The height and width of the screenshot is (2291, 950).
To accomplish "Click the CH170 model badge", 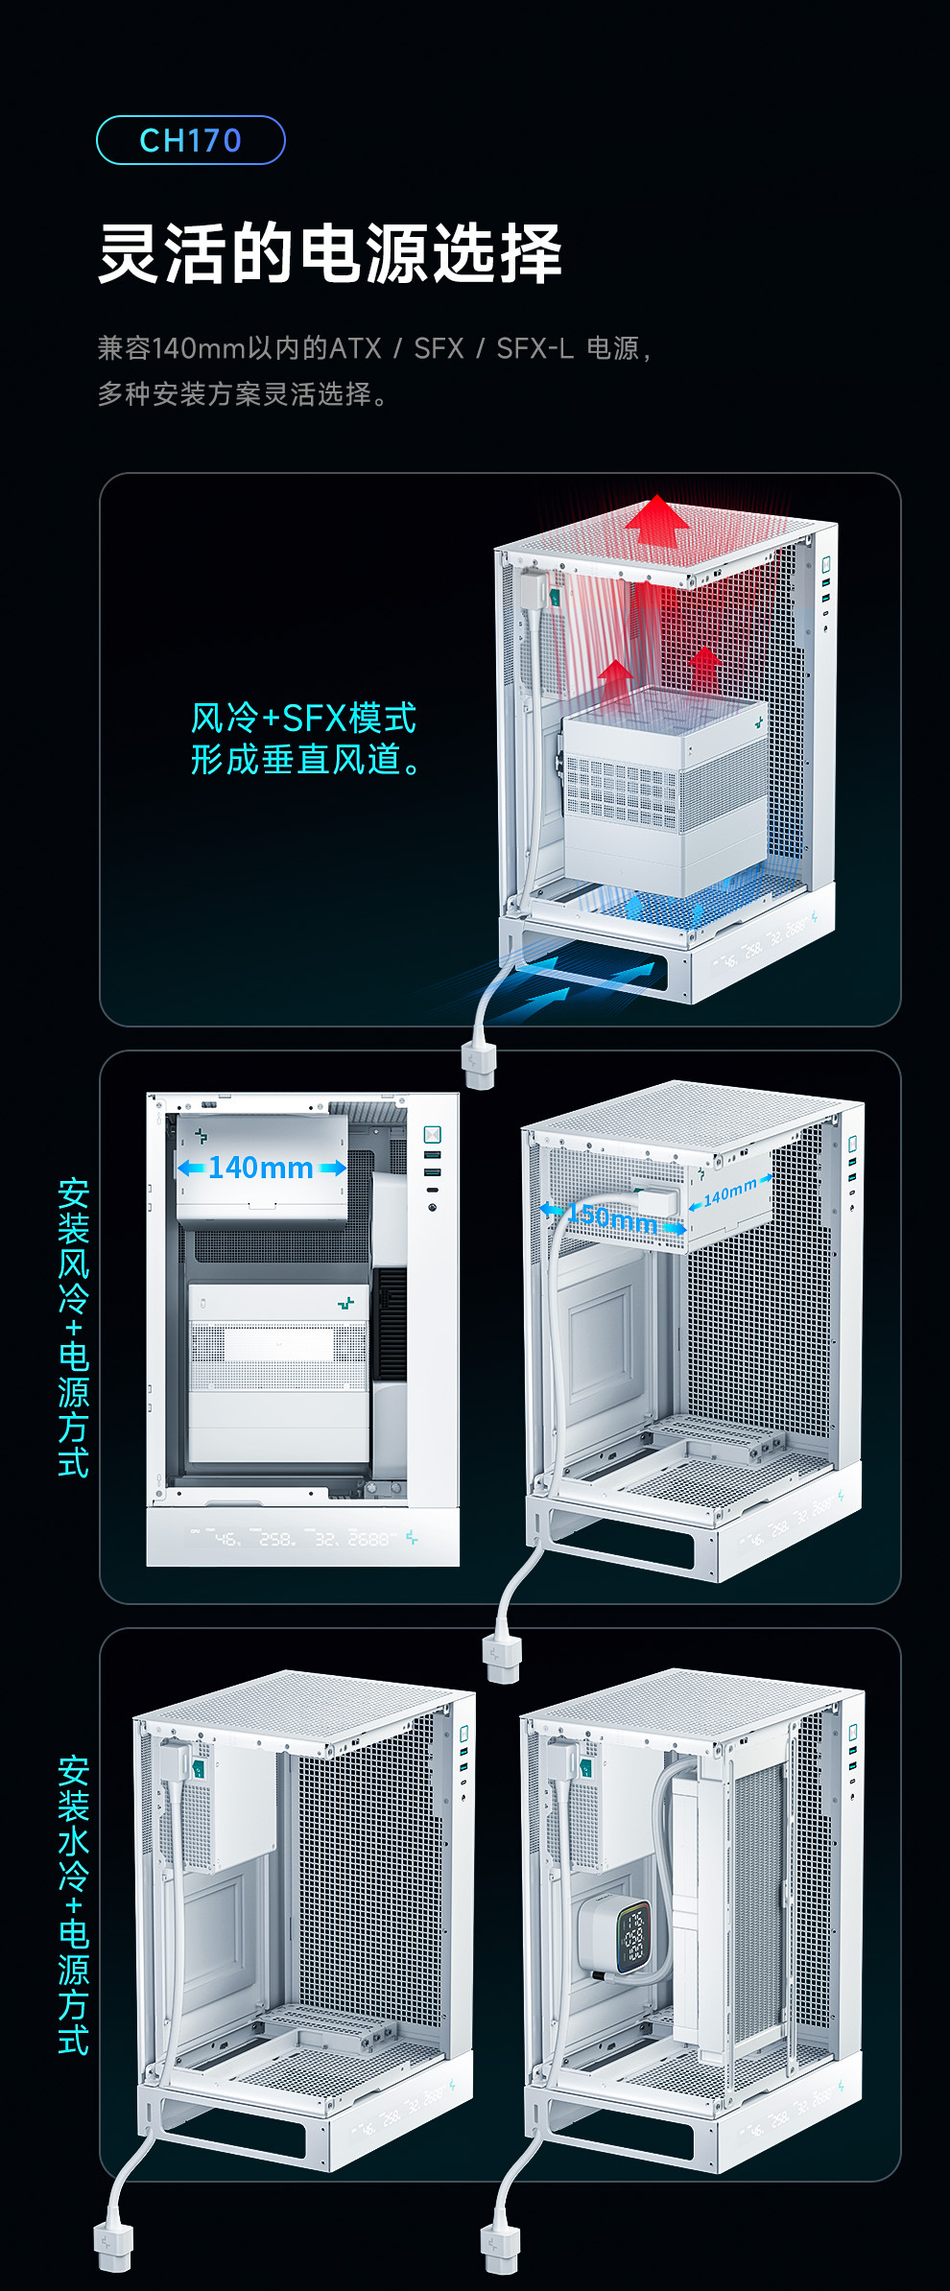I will click(190, 140).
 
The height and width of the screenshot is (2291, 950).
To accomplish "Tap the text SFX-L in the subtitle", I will click(534, 347).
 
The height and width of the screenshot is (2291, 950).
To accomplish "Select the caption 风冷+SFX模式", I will click(303, 718).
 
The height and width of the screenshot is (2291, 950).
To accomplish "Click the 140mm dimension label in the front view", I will click(261, 1168).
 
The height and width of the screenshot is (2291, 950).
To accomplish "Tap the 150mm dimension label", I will click(612, 1217).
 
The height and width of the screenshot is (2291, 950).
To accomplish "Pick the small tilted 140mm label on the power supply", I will click(730, 1193).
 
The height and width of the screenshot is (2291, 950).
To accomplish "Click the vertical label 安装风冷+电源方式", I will click(74, 1328).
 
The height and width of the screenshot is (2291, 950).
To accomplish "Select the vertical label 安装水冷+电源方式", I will click(74, 1905).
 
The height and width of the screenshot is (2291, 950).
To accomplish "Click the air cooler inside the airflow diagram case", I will click(664, 791).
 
